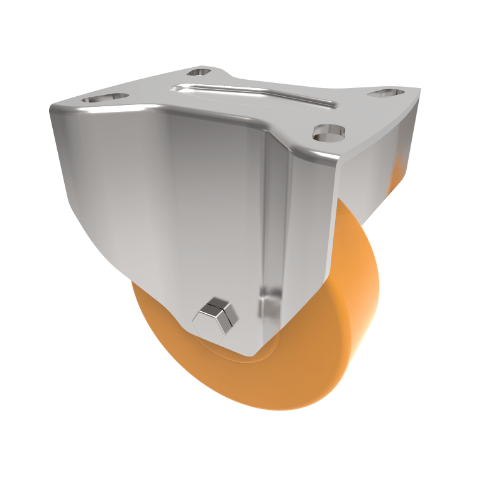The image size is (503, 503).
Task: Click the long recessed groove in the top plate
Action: pyautogui.click(x=251, y=94)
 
